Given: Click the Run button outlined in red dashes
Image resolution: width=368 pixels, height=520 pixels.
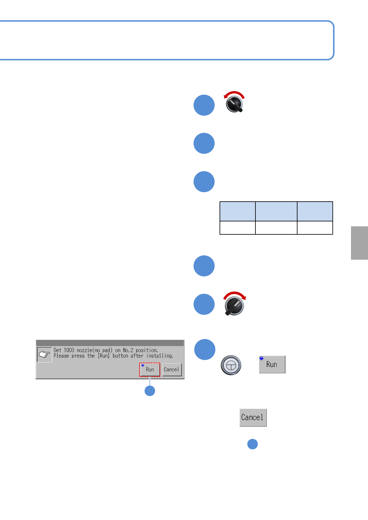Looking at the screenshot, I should click(150, 369).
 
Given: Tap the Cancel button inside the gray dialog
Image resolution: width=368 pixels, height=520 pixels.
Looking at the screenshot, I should click(172, 369).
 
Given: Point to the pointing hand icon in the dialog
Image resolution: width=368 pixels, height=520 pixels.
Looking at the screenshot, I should click(45, 354).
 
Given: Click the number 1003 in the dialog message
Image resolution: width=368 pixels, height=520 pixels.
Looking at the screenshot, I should click(69, 350).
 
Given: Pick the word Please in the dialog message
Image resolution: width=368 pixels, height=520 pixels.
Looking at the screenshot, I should click(61, 356).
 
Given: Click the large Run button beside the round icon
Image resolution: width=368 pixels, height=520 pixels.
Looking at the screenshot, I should click(272, 364).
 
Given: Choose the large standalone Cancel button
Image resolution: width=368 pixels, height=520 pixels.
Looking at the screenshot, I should click(253, 417).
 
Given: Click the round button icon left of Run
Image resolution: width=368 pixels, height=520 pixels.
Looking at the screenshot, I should click(231, 365).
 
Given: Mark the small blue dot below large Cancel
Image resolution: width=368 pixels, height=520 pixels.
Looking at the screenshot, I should click(253, 444).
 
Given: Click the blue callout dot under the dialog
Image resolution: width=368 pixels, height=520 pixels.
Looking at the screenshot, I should click(150, 391).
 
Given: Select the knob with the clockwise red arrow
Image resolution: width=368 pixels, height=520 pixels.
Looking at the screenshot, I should click(234, 305).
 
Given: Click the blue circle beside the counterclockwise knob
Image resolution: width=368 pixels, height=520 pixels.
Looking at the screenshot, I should click(204, 105).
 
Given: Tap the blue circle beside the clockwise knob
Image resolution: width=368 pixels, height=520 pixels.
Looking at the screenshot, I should click(204, 304).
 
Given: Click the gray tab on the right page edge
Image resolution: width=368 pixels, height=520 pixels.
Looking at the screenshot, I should click(359, 243).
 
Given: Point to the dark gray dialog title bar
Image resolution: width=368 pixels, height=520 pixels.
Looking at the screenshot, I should click(110, 343).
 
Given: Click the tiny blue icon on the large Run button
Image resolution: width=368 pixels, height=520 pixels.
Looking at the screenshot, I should click(261, 359).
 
